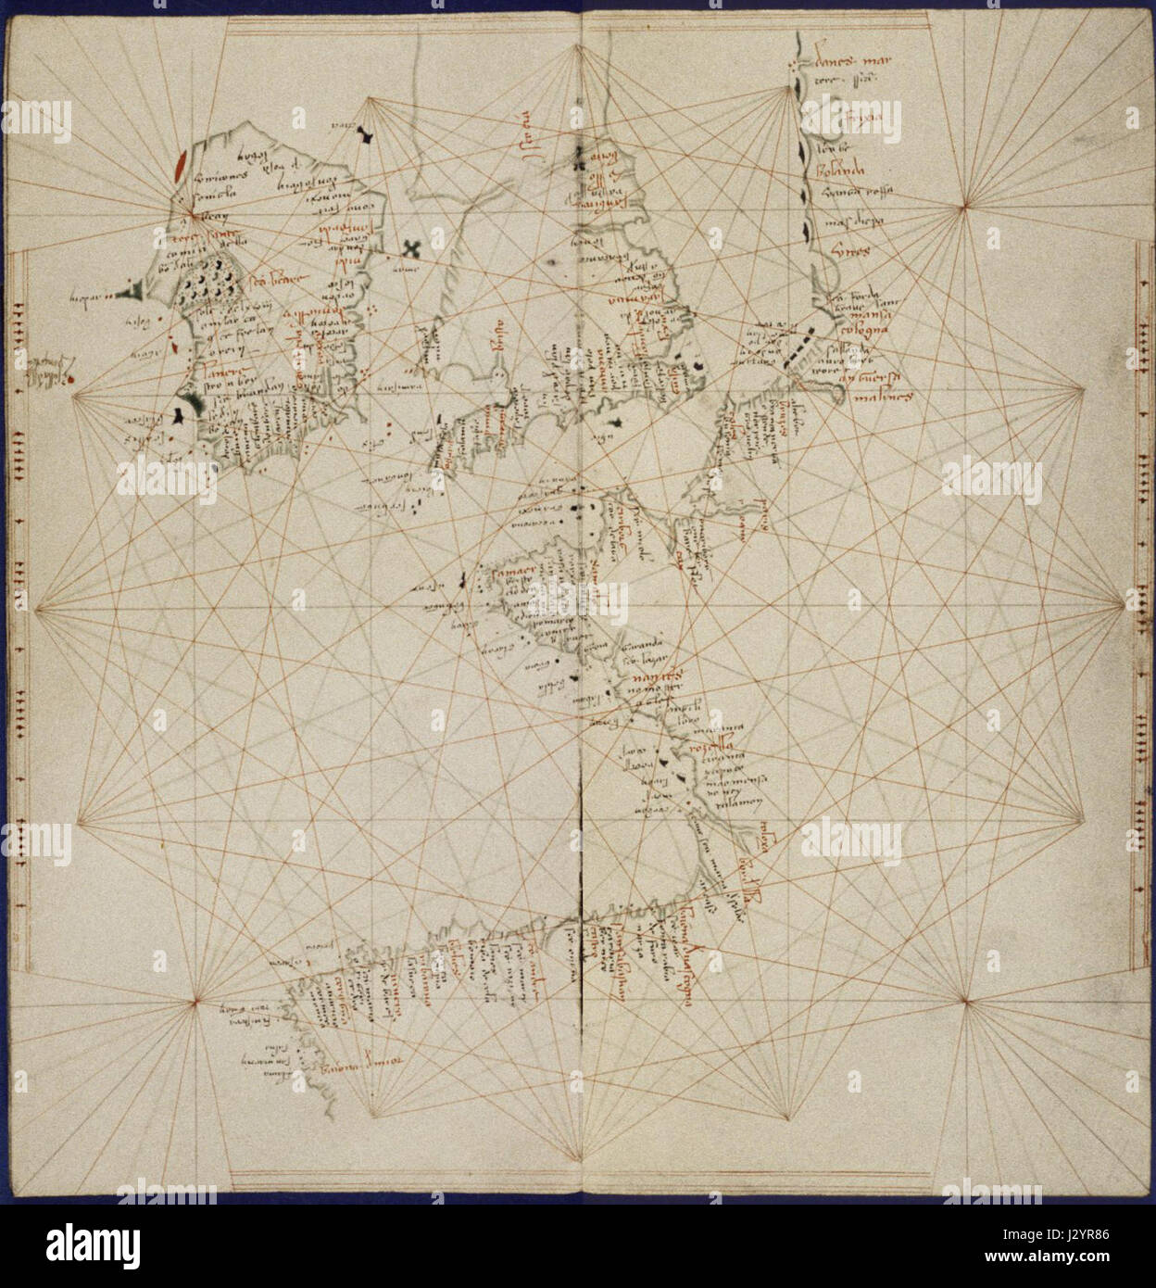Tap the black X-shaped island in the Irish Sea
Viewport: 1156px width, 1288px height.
[410, 249]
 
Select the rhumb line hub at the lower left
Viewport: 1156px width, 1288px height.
[196, 1001]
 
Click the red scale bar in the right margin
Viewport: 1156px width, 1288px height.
[1137, 612]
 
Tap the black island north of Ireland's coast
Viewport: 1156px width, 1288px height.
[370, 137]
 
